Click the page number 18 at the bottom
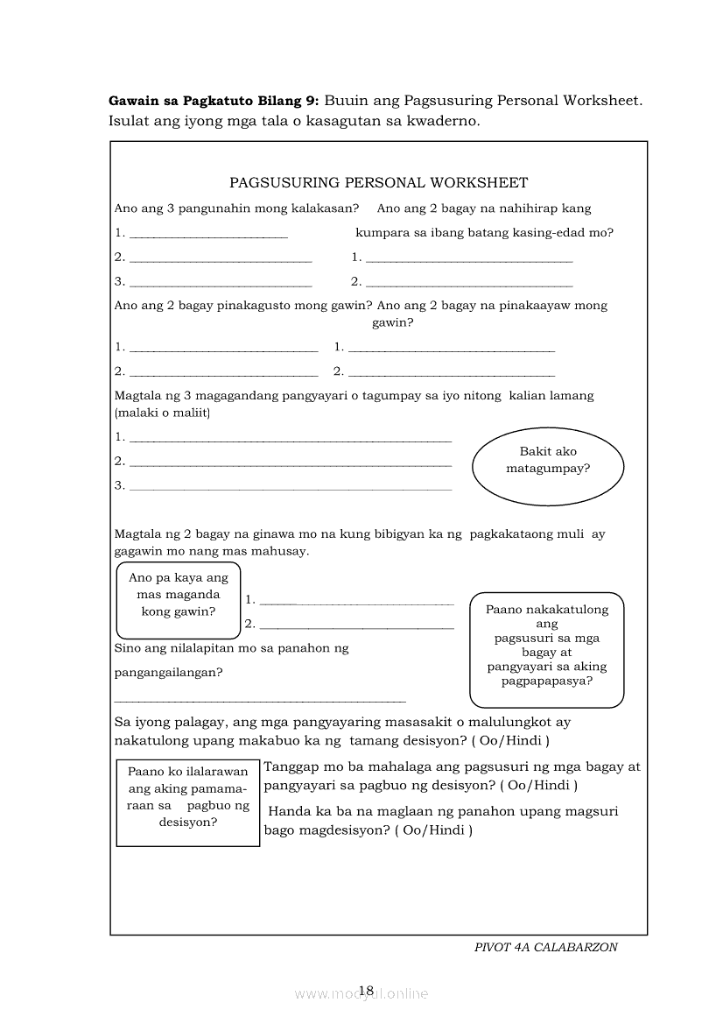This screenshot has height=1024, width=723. click(366, 991)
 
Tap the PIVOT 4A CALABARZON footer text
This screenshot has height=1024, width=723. click(545, 947)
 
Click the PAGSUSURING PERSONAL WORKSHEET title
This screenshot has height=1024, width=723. click(378, 183)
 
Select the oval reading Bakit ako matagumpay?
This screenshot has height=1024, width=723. click(548, 461)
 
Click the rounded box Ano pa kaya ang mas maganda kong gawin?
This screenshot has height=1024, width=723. click(179, 600)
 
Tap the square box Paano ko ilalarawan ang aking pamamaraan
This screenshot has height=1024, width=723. click(188, 802)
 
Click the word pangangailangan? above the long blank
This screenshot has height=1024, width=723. click(168, 673)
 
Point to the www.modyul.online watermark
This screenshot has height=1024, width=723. click(361, 993)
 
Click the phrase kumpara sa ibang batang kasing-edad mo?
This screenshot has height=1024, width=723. click(484, 233)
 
